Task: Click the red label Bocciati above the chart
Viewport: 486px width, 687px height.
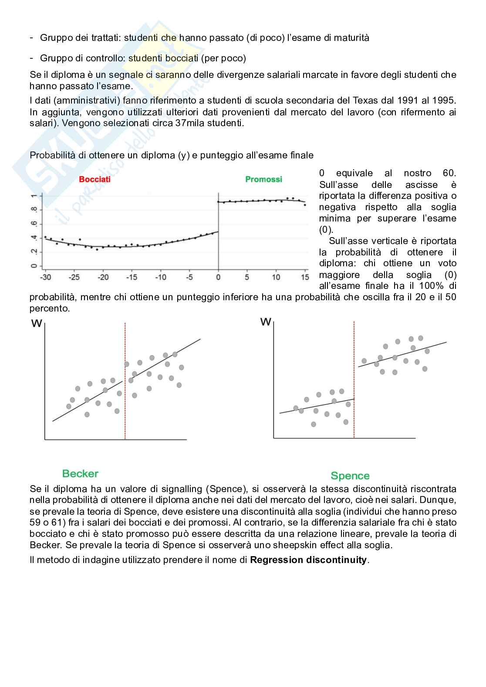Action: pos(94,179)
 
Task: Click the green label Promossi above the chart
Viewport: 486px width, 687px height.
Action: pos(263,179)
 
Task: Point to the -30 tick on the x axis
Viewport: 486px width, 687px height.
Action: pos(45,278)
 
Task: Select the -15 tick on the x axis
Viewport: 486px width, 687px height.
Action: pos(132,278)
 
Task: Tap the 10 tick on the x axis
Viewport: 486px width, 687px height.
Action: pos(276,278)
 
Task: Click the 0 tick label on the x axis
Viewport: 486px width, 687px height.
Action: pos(218,278)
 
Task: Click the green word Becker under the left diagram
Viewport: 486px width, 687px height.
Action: pos(80,474)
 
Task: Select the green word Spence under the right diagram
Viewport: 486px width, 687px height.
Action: pos(350,476)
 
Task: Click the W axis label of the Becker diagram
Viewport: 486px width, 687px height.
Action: pos(37,324)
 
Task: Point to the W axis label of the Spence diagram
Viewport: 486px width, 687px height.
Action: pos(265,322)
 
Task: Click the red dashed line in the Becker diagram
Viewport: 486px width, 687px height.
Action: pos(125,392)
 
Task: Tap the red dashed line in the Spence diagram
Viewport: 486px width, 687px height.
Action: pos(354,392)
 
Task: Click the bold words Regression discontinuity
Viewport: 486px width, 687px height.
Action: pos(309,560)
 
